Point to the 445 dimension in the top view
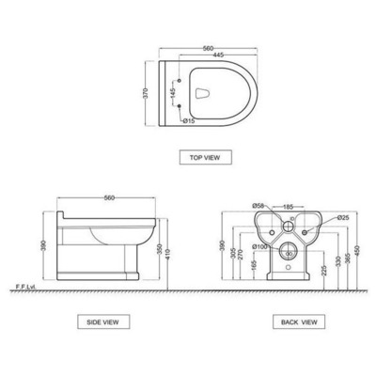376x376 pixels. tap(216, 55)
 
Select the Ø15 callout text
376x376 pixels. tap(189, 119)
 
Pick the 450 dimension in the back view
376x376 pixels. tap(360, 248)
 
